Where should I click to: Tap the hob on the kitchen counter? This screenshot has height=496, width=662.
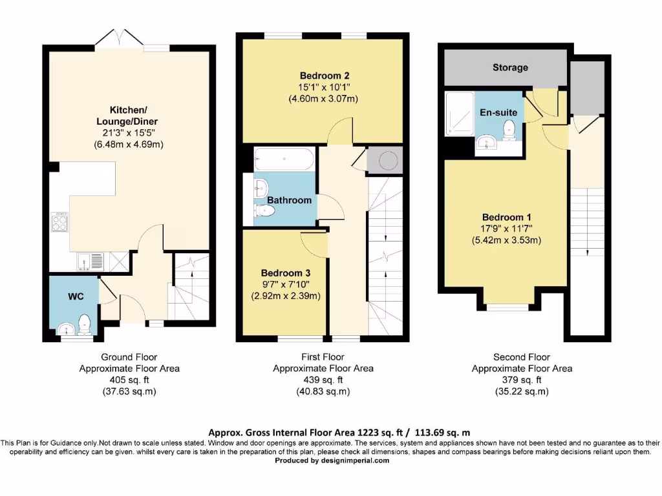[x=59, y=222]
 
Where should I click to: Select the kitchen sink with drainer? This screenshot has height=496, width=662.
[x=90, y=262]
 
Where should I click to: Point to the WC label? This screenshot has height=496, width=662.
[x=76, y=296]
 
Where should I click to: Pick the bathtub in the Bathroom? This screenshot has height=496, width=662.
[x=284, y=159]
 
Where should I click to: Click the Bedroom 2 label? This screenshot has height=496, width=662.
[x=325, y=76]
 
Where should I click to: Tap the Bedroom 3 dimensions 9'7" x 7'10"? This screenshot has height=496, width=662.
[x=286, y=285]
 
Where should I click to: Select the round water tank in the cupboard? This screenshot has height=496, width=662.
[x=388, y=160]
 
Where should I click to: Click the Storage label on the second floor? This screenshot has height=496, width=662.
[x=510, y=67]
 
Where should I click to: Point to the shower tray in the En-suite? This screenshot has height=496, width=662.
[x=460, y=114]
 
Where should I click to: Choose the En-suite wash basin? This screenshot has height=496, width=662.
[x=487, y=143]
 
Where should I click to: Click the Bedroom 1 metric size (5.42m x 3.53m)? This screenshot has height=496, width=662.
[x=506, y=240]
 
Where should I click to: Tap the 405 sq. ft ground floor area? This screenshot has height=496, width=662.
[x=129, y=380]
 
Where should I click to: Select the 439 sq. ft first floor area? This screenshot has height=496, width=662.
[x=323, y=380]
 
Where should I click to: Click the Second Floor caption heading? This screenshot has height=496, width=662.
[x=522, y=357]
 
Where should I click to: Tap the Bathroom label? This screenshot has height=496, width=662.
[x=289, y=200]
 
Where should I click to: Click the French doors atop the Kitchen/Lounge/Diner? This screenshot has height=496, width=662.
[x=120, y=38]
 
